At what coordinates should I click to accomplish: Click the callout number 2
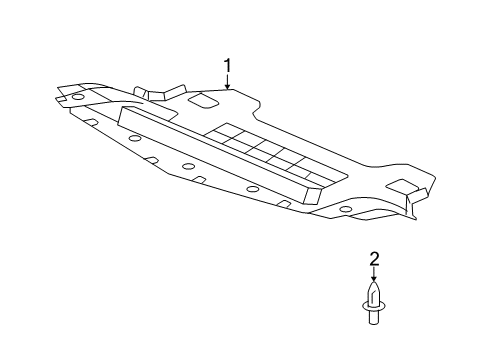click(374, 260)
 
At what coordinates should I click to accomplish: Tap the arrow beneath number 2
click(374, 275)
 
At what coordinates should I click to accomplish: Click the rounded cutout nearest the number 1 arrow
click(206, 102)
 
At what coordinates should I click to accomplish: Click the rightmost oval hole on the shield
click(345, 209)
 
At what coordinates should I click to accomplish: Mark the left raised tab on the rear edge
click(143, 93)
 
